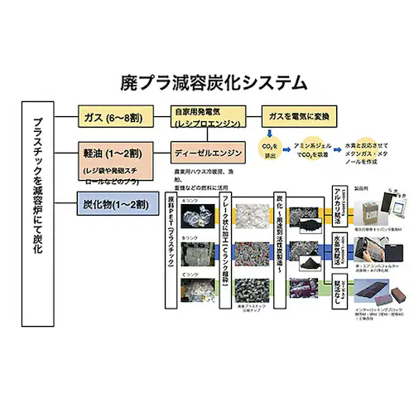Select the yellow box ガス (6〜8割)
click(114, 119)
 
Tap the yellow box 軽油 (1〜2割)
click(114, 153)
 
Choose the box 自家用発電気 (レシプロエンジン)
click(206, 116)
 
